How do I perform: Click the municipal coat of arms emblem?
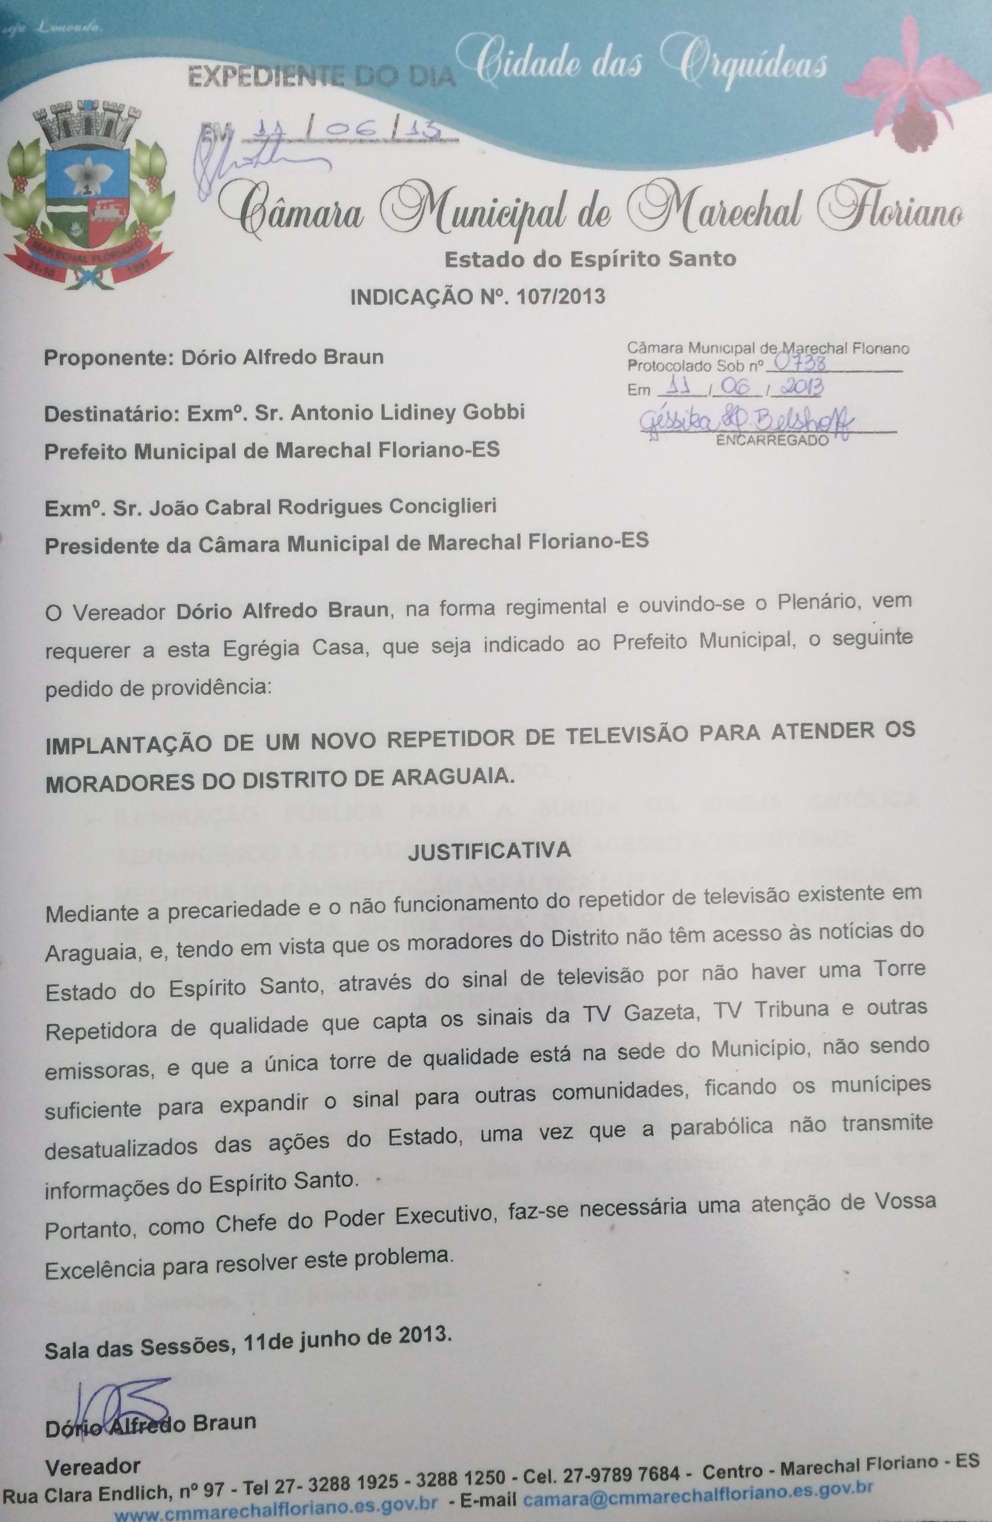[x=88, y=195]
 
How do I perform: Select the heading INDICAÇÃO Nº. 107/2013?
[x=477, y=297]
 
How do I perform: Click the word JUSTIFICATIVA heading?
[x=489, y=850]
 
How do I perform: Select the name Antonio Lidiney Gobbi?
[x=408, y=412]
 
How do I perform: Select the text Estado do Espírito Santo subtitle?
[x=590, y=259]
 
